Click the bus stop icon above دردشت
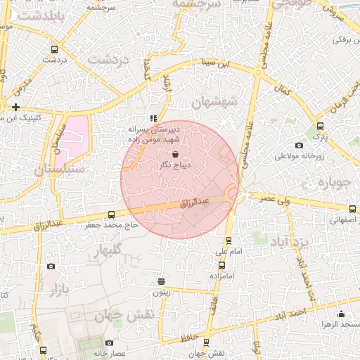coord(55,49)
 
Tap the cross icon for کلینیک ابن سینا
coord(15,107)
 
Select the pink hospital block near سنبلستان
coord(73,136)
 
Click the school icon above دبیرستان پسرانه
coord(153,118)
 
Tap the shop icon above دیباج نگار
coord(175,153)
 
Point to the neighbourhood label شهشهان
coord(216,103)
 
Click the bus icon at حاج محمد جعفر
coord(111,214)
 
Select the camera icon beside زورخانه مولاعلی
coord(300,146)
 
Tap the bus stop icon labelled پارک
coord(320,126)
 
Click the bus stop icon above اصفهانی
coord(352,209)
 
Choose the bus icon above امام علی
coord(223,239)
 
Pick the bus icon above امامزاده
coord(222,265)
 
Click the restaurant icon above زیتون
coord(162,280)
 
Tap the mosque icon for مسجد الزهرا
coord(342,314)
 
